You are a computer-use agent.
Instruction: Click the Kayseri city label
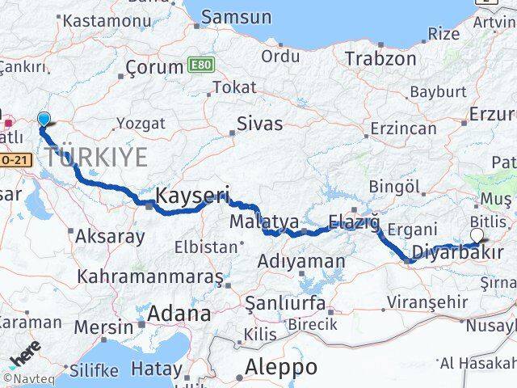point(192,195)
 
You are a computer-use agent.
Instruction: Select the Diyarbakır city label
point(457,253)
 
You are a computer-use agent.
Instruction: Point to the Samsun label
point(235,17)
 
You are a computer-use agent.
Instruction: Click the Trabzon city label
point(380,59)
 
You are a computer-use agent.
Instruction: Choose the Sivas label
point(259,124)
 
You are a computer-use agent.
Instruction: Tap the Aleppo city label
point(280,366)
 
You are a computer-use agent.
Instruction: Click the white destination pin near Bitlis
point(477,235)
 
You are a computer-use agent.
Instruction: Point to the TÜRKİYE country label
point(96,156)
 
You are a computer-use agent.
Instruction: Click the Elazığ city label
point(354,221)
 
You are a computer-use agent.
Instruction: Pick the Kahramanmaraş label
point(149,276)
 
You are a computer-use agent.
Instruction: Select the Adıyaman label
point(301,261)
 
